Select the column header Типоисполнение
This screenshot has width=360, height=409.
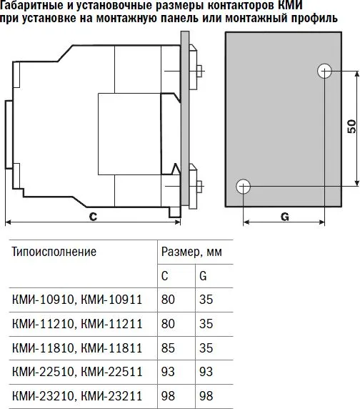[x=55, y=252]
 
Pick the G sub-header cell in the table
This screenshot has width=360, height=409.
[x=204, y=276]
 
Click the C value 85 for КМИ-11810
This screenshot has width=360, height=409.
[x=168, y=348]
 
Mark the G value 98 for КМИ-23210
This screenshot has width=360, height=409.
[x=206, y=395]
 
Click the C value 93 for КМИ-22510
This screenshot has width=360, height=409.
[x=168, y=372]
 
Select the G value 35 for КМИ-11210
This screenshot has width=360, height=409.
[x=206, y=324]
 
